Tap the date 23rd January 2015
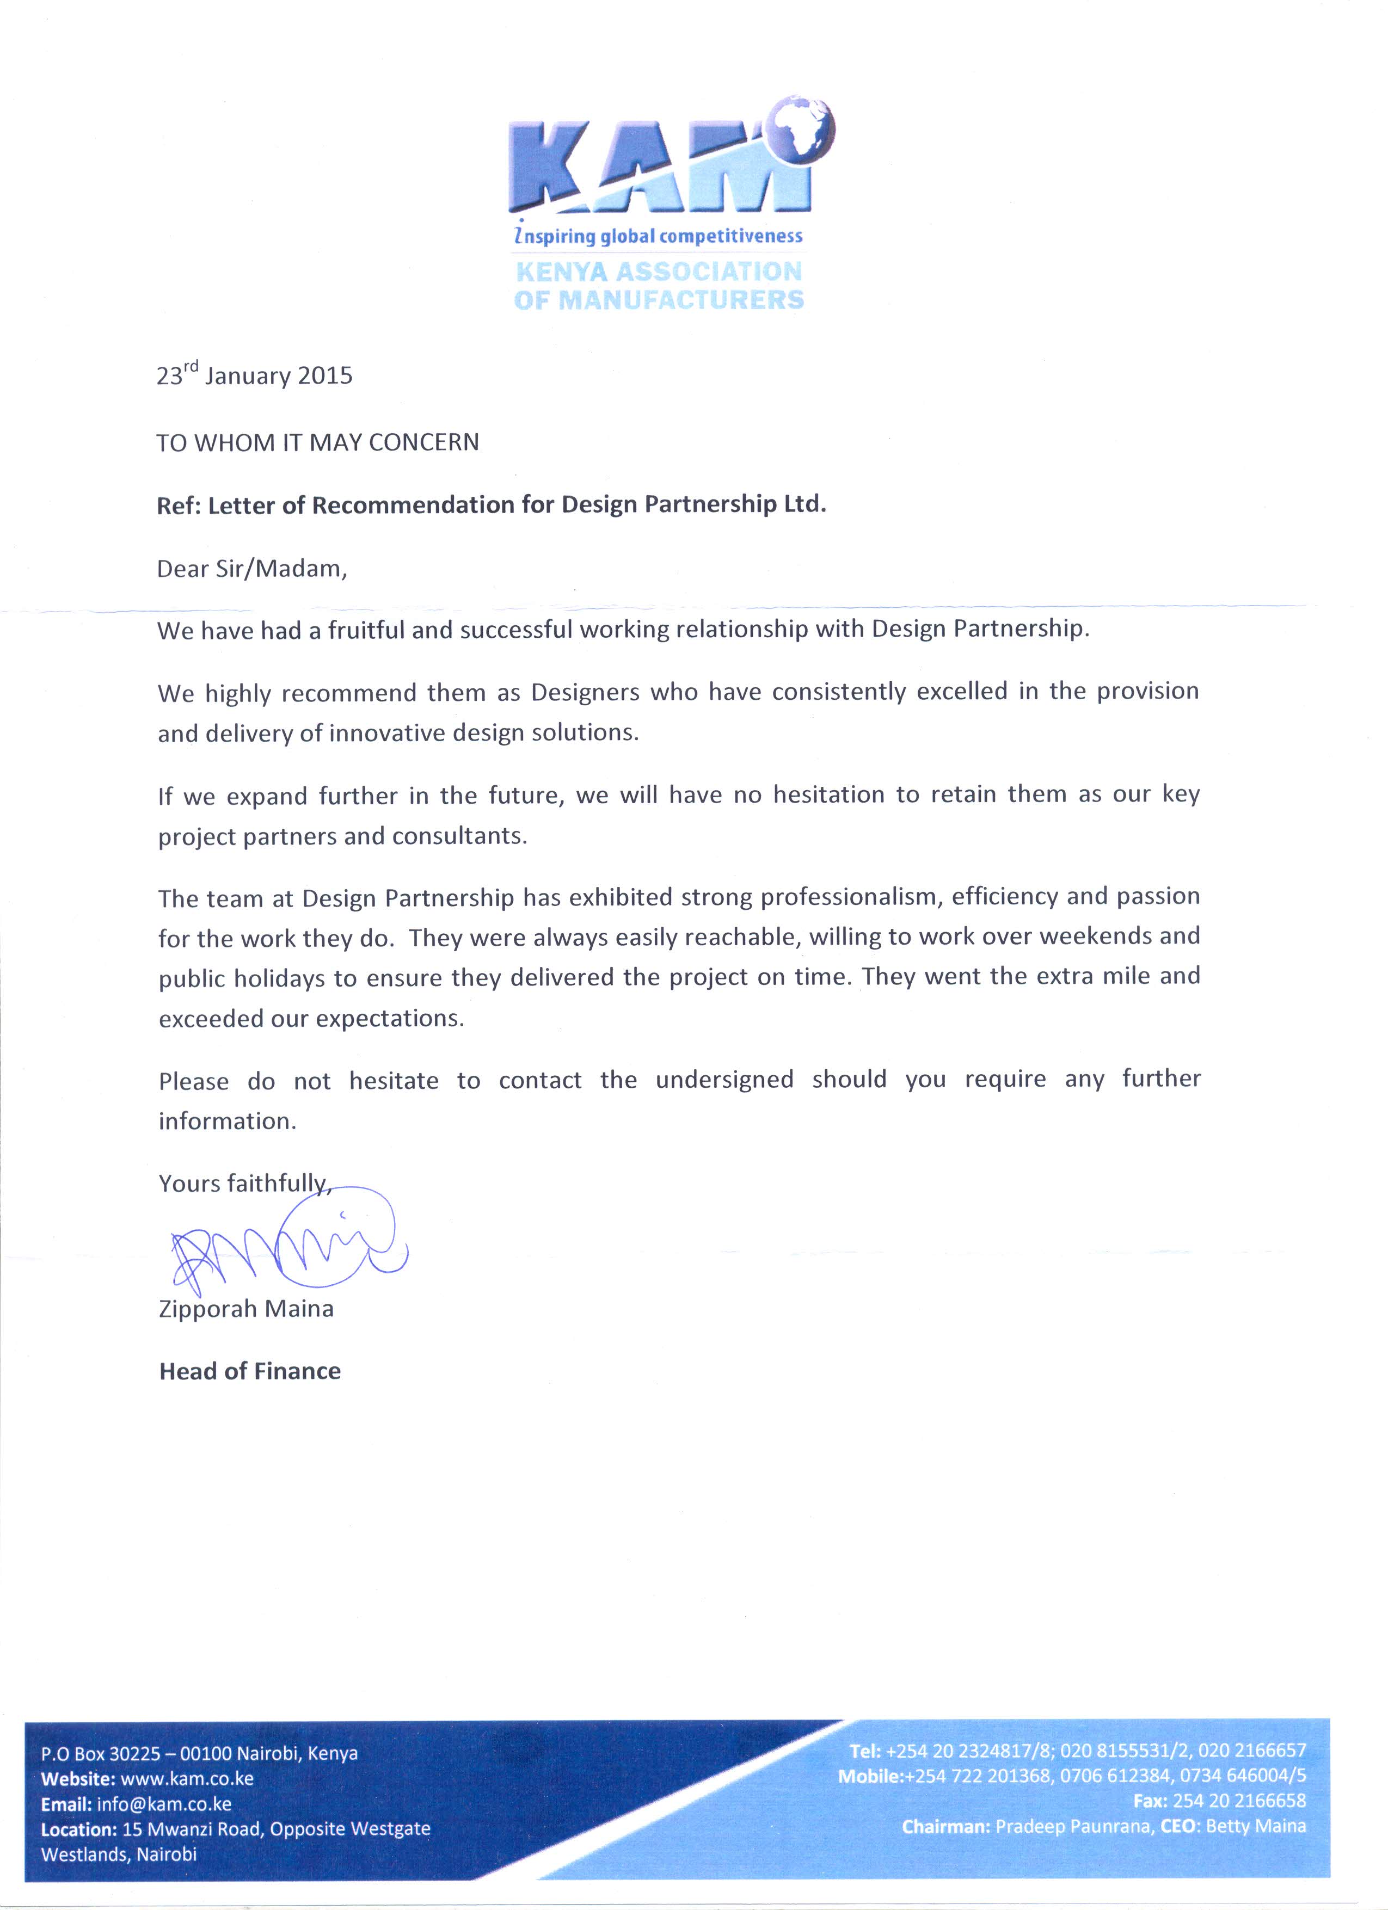click(254, 375)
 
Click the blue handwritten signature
click(286, 1246)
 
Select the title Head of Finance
click(250, 1371)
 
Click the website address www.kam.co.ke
click(187, 1779)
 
